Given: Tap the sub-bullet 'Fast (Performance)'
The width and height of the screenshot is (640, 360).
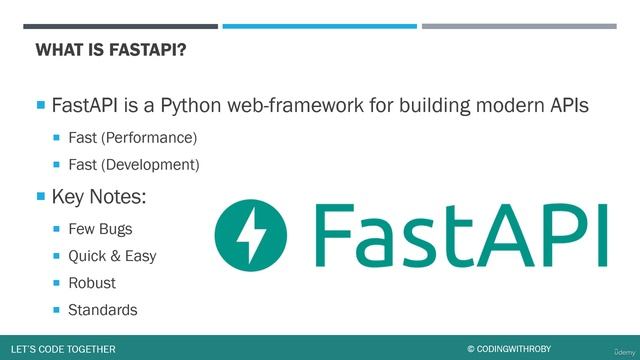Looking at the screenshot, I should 132,136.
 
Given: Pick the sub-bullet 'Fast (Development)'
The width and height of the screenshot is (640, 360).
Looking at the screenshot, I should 133,164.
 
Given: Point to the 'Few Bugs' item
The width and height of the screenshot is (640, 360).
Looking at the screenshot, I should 100,229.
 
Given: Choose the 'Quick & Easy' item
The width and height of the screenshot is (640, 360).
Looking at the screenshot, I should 112,256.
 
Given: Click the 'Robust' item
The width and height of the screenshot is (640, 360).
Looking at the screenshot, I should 92,283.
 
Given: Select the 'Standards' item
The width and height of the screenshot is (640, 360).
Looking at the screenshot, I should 102,310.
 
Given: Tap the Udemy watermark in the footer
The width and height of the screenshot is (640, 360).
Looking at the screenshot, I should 618,348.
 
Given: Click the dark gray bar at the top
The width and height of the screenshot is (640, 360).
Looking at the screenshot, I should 126,26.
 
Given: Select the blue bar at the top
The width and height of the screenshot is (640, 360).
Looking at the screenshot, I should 319,26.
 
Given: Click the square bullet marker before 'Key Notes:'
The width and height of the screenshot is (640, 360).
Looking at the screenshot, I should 41,195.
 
